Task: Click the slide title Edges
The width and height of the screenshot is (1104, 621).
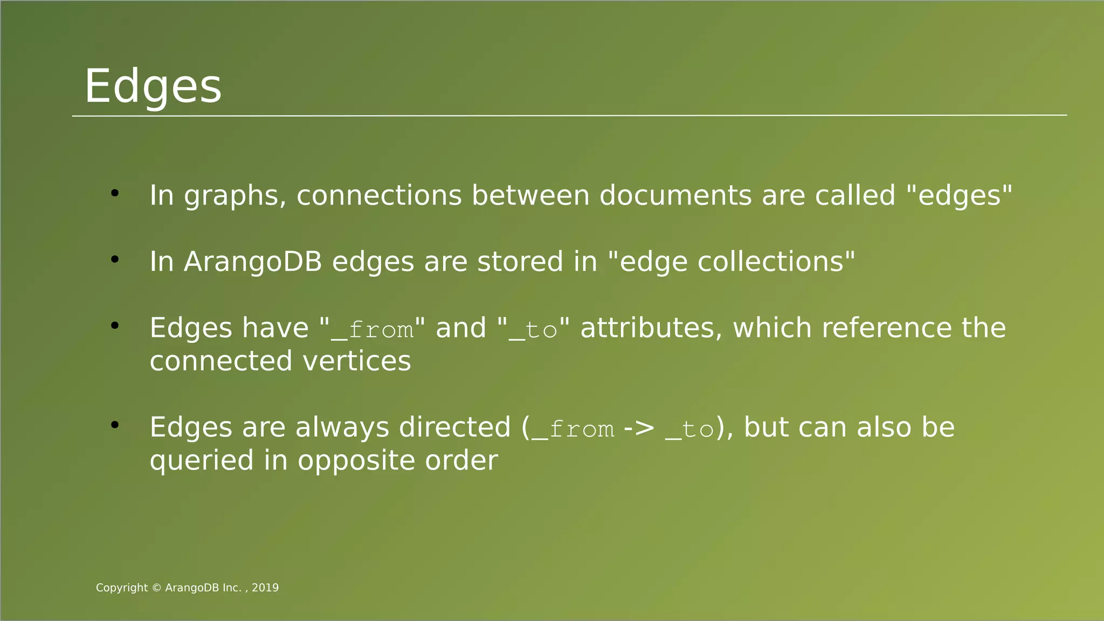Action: [x=153, y=86]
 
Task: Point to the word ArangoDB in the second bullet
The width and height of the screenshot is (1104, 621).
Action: [x=253, y=262]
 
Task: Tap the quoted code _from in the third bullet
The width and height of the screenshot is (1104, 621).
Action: [x=372, y=329]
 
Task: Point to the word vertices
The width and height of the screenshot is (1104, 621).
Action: [x=357, y=361]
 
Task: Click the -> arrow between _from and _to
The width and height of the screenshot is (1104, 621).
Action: [x=639, y=428]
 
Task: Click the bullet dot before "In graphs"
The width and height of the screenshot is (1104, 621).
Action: [x=114, y=193]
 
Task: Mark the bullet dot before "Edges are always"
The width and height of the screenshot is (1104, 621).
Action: [x=114, y=425]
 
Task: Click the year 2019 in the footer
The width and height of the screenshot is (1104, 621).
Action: [x=265, y=588]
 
